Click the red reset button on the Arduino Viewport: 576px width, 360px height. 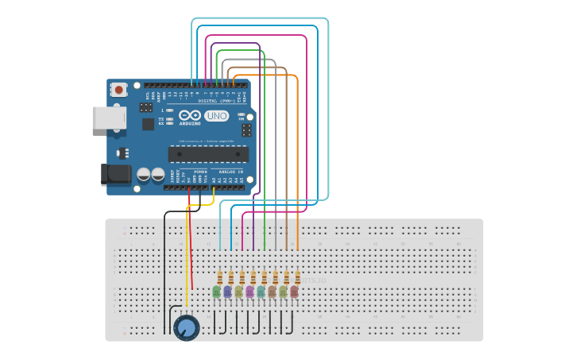(118, 90)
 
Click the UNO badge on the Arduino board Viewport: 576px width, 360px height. (216, 116)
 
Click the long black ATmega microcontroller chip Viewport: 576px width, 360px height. (208, 153)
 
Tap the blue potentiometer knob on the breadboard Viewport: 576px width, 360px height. (187, 327)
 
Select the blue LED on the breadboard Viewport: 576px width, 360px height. (228, 292)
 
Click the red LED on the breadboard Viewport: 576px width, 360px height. (295, 292)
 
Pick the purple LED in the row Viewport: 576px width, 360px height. (250, 292)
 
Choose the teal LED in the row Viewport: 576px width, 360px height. (261, 292)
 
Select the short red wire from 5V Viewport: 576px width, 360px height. (191, 238)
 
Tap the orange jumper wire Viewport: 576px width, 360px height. (298, 159)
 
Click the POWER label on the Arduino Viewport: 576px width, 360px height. (200, 171)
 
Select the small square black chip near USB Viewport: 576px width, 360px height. (149, 124)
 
